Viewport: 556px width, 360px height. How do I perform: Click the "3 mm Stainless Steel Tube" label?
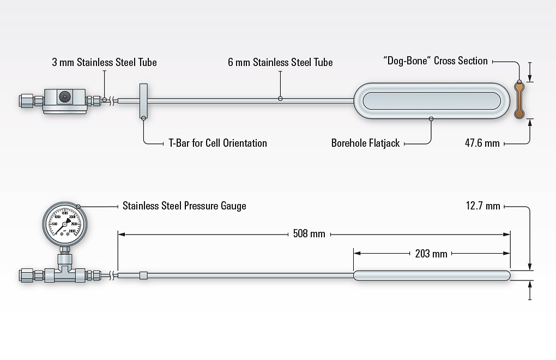click(x=104, y=62)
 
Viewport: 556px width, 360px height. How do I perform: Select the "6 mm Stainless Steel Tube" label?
click(x=280, y=62)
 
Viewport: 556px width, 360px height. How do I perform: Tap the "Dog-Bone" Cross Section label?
click(x=436, y=61)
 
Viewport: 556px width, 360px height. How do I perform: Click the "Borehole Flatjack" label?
click(x=365, y=143)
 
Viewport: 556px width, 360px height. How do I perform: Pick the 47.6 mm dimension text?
click(x=482, y=143)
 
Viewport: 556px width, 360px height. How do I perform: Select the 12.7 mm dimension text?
click(x=483, y=206)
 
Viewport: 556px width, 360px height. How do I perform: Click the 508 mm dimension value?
click(x=309, y=234)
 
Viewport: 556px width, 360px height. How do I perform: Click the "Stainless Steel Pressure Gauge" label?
click(x=184, y=206)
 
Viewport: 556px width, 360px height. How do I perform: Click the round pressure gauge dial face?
click(x=65, y=224)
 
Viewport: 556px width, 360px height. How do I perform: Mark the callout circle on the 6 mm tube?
click(x=280, y=99)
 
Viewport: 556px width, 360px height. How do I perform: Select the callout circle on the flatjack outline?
click(x=431, y=118)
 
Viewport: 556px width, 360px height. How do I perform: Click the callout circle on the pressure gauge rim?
click(x=79, y=206)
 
